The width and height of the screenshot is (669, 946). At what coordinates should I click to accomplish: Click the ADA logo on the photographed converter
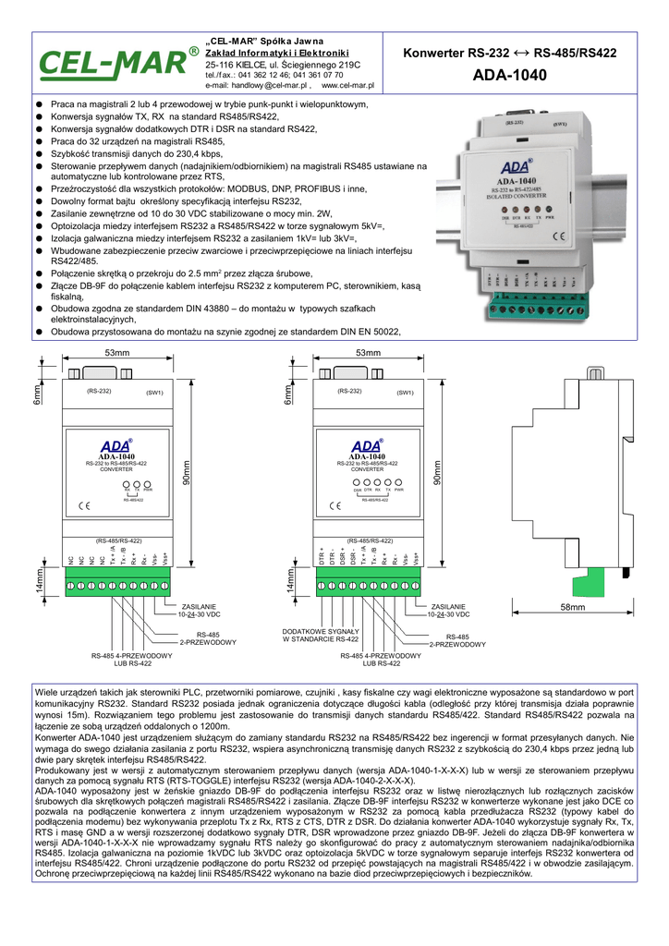click(516, 168)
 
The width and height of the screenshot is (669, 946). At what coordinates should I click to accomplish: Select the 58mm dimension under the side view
click(573, 607)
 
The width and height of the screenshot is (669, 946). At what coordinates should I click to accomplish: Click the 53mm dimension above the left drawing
click(116, 354)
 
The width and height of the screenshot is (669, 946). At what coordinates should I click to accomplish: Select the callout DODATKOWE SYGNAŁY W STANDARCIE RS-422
click(321, 635)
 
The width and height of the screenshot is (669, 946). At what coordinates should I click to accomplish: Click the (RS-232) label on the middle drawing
click(349, 391)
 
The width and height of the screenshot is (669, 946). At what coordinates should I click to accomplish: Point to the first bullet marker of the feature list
click(40, 105)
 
